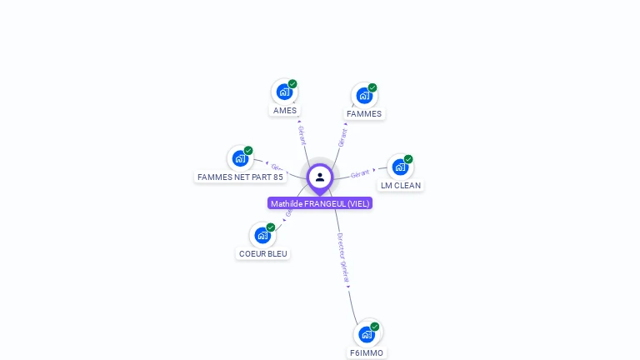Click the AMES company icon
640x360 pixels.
coord(284,92)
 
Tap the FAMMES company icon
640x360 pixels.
coord(364,96)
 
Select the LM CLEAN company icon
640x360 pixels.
coord(400,167)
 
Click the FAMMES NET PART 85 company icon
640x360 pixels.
coord(240,158)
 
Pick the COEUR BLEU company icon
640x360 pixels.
coord(262,235)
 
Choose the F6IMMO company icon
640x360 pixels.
coord(367,334)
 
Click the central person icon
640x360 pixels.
coord(320,177)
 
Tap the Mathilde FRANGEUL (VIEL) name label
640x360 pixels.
coord(320,203)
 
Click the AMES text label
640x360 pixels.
coord(285,110)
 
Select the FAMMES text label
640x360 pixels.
coord(364,114)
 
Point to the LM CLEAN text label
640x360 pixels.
coord(401,186)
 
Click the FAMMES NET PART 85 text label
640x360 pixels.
coord(240,177)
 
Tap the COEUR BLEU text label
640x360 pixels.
coord(263,253)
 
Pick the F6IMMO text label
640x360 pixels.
coord(367,352)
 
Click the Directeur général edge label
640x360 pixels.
coord(342,258)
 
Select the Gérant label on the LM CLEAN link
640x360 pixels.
coord(360,173)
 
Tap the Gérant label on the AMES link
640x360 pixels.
coord(302,135)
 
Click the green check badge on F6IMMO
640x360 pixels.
coord(375,327)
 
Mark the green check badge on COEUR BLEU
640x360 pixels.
coord(271,227)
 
